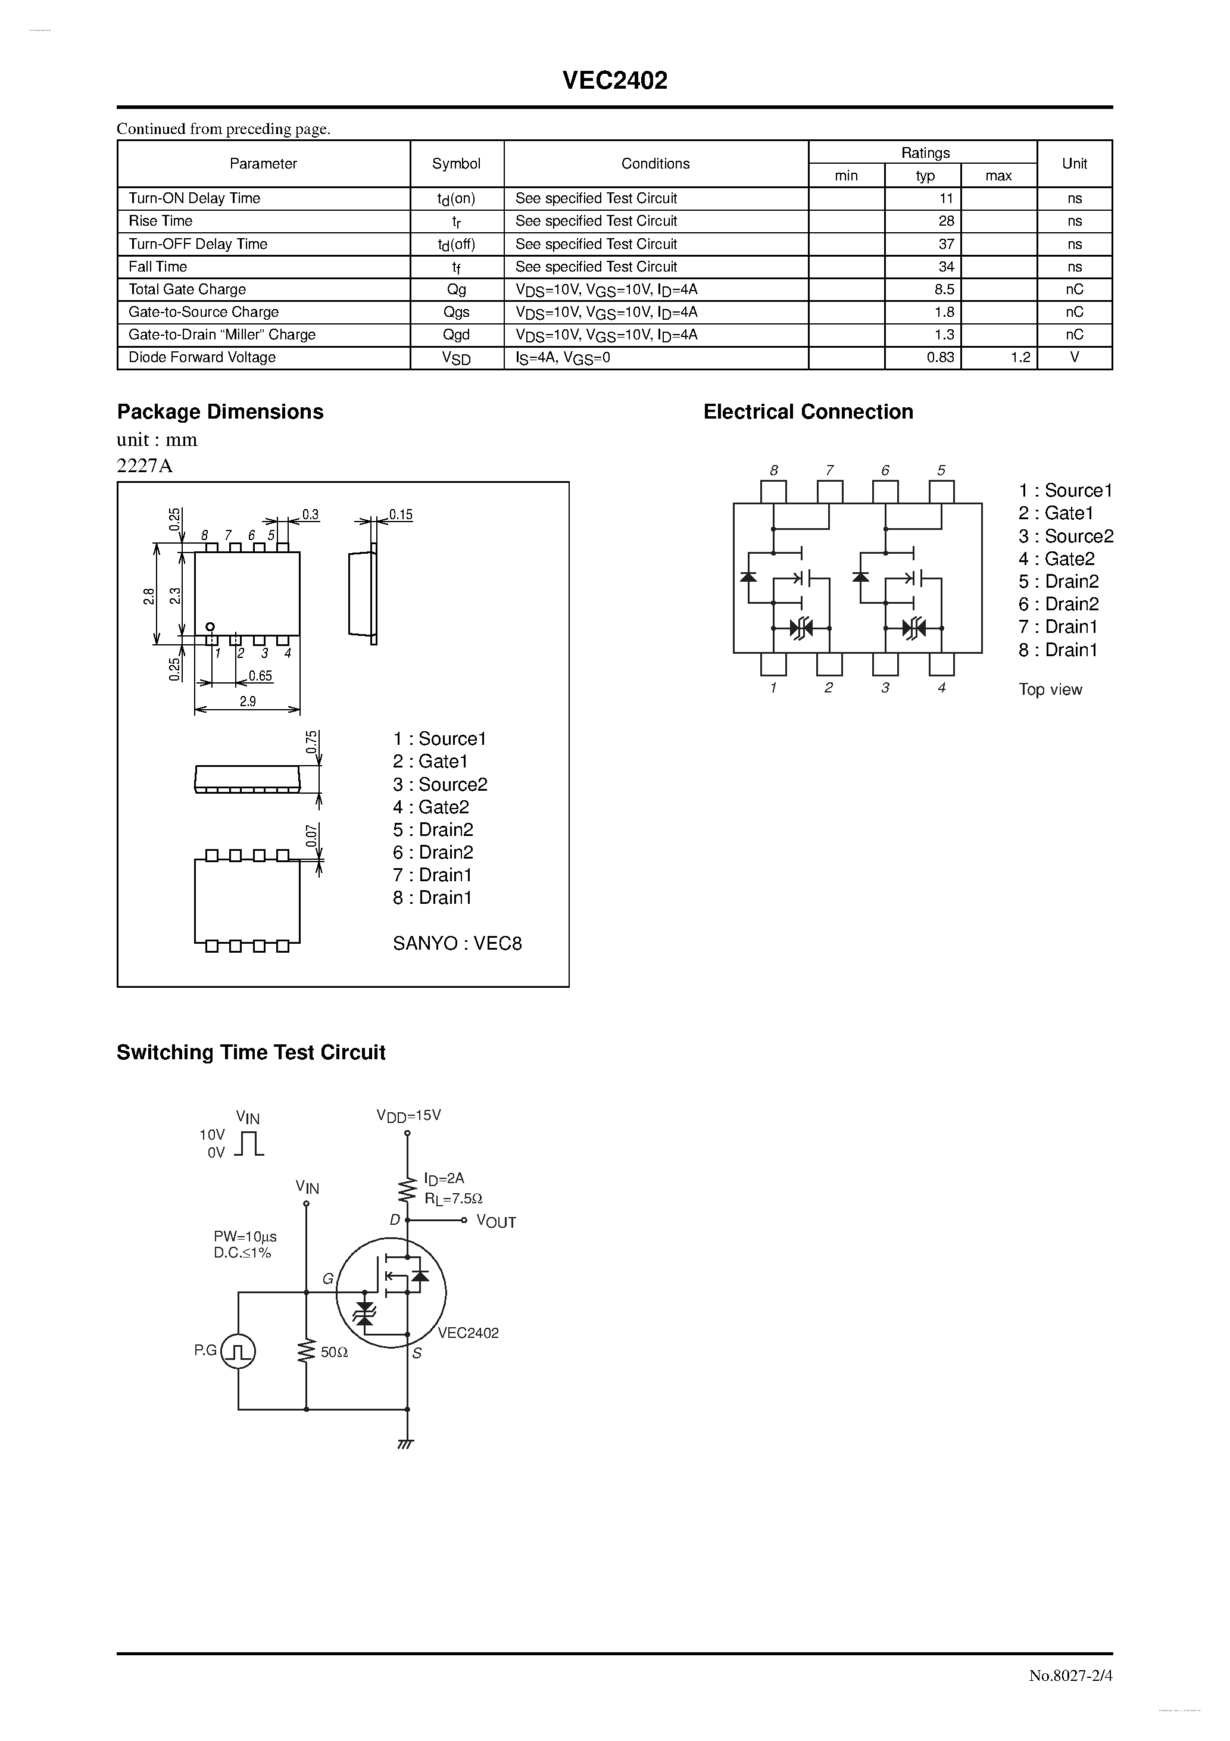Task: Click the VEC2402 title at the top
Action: point(614,81)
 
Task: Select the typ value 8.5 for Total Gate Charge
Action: point(944,289)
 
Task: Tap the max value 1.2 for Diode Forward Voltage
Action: point(1020,358)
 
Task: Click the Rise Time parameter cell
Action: point(161,221)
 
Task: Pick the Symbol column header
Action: point(456,164)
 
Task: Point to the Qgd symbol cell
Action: point(456,335)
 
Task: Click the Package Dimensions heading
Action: point(220,412)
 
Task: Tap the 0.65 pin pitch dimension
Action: point(260,676)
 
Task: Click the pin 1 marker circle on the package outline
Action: point(211,626)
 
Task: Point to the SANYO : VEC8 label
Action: point(457,943)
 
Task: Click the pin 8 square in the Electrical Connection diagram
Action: point(773,491)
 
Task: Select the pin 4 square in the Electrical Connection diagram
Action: point(941,664)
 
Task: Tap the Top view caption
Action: point(1050,690)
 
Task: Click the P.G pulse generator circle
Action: point(238,1351)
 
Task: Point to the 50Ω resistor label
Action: point(333,1352)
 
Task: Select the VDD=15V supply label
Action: point(409,1115)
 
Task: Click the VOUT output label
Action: point(496,1222)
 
